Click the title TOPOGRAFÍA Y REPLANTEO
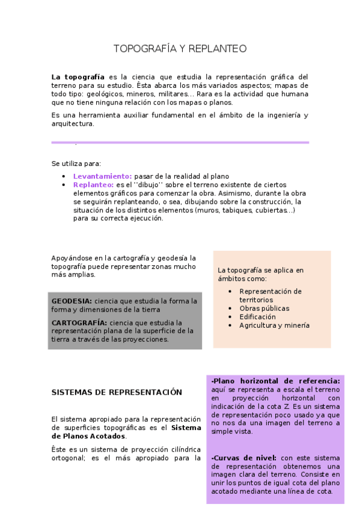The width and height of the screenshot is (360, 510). (180, 49)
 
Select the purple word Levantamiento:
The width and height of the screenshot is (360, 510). (102, 176)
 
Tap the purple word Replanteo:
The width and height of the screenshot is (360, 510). (93, 185)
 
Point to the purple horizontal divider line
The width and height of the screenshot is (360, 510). (180, 143)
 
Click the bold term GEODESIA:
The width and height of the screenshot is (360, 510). (72, 301)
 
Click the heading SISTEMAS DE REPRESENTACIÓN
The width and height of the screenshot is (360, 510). (117, 392)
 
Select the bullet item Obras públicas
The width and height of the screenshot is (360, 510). (264, 309)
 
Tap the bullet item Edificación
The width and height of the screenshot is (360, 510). (257, 317)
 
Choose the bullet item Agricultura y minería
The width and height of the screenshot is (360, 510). (274, 325)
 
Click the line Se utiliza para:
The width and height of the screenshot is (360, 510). (76, 164)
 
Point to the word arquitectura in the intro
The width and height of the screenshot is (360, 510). (73, 124)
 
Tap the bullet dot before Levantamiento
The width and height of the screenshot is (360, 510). (64, 176)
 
